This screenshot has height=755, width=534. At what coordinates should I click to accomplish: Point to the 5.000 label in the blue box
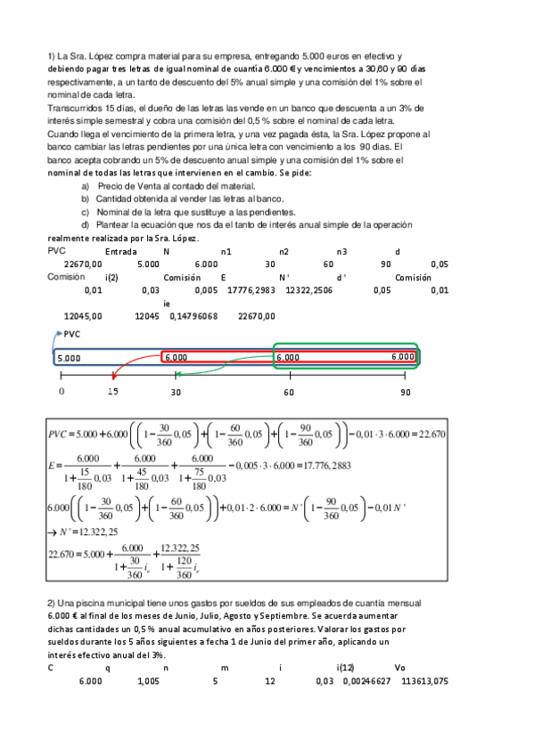click(69, 358)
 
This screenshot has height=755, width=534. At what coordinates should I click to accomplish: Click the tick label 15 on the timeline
click(112, 392)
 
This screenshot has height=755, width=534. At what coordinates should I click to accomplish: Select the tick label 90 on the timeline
click(406, 392)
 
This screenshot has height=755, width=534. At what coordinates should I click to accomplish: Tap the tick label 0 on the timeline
click(62, 392)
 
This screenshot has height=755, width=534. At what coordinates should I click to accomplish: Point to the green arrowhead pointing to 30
click(174, 374)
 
